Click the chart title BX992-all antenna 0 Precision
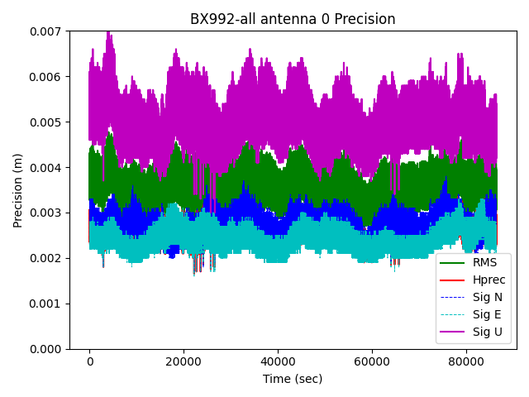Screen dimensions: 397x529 click(293, 19)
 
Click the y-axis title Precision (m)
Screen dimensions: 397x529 click(17, 190)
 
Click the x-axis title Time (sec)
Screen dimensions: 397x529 click(293, 379)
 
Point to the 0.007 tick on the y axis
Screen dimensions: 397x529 click(49, 31)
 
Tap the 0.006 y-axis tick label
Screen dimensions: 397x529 click(49, 77)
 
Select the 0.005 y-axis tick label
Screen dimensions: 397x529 click(49, 122)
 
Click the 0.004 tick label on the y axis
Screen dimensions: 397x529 click(49, 168)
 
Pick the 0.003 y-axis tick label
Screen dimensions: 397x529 click(49, 213)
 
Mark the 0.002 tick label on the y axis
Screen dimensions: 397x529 click(49, 259)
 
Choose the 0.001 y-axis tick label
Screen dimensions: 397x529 click(49, 304)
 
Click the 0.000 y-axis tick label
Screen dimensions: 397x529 click(49, 350)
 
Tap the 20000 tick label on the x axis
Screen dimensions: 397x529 click(183, 361)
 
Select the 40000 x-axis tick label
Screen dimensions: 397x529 click(278, 361)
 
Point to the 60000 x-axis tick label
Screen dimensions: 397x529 click(371, 361)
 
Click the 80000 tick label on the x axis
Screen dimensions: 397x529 click(465, 361)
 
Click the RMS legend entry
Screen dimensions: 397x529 click(484, 262)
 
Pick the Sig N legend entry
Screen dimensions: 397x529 click(487, 298)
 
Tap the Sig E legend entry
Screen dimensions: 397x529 click(487, 315)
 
